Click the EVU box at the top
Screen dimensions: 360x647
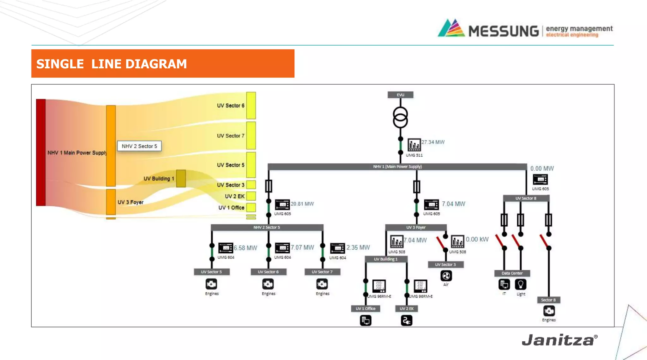pyautogui.click(x=400, y=95)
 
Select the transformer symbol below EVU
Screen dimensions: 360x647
pyautogui.click(x=400, y=117)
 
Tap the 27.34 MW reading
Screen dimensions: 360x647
pyautogui.click(x=433, y=142)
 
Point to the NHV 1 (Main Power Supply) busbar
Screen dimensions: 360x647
pyautogui.click(x=397, y=167)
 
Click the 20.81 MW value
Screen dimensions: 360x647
pyautogui.click(x=302, y=204)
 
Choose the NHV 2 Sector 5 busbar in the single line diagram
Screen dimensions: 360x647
pyautogui.click(x=267, y=227)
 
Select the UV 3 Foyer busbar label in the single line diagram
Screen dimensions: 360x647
pyautogui.click(x=416, y=227)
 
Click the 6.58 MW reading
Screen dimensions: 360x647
pyautogui.click(x=245, y=248)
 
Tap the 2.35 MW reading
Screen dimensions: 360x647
pyautogui.click(x=358, y=247)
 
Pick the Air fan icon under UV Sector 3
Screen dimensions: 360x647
pyautogui.click(x=446, y=276)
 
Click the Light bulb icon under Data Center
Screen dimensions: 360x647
pyautogui.click(x=521, y=284)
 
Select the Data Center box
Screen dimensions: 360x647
pyautogui.click(x=512, y=273)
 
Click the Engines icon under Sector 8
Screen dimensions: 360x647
pyautogui.click(x=549, y=311)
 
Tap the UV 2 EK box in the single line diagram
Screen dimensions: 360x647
pyautogui.click(x=407, y=308)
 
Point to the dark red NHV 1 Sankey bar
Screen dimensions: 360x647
pyautogui.click(x=41, y=152)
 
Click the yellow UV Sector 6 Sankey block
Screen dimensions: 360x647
pyautogui.click(x=251, y=106)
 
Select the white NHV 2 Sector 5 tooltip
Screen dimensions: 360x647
pyautogui.click(x=139, y=146)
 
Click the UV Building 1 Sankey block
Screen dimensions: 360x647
pyautogui.click(x=181, y=179)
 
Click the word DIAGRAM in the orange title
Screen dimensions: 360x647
pyautogui.click(x=156, y=64)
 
